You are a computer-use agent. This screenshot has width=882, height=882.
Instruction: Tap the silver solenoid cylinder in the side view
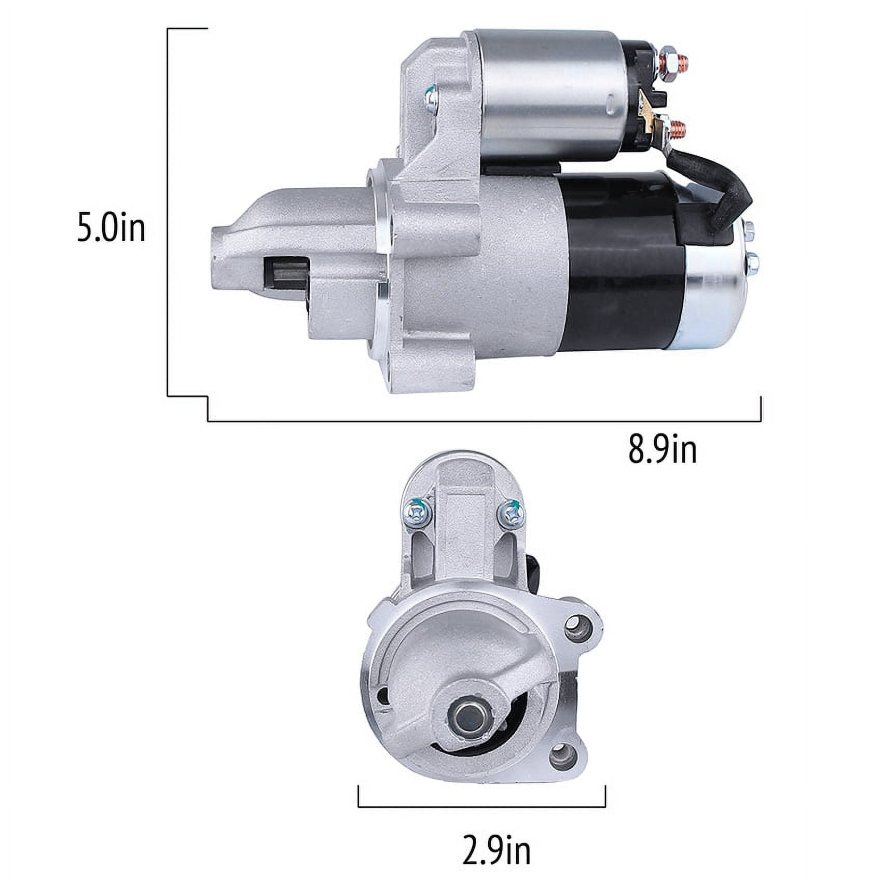[550, 93]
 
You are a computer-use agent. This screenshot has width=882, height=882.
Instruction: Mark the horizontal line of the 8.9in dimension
[483, 421]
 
